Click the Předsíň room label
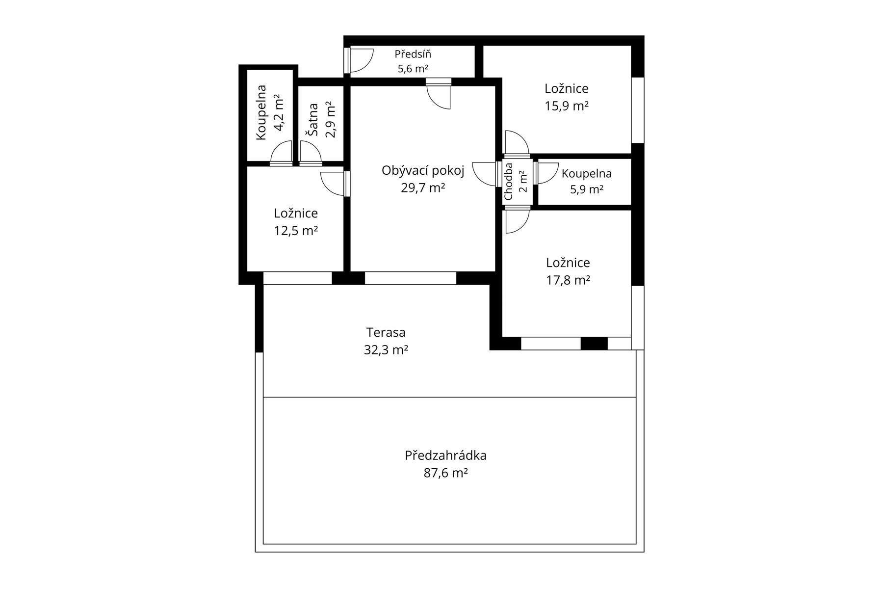(x=413, y=54)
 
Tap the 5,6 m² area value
(x=413, y=69)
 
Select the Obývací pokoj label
(x=423, y=171)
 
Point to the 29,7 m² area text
(x=423, y=187)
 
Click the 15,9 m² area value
(x=567, y=106)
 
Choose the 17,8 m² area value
(x=568, y=280)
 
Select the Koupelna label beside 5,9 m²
(x=587, y=173)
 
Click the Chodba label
(x=508, y=181)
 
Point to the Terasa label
(x=386, y=332)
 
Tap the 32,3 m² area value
(x=386, y=350)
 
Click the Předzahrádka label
(x=446, y=455)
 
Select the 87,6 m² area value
(x=446, y=473)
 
